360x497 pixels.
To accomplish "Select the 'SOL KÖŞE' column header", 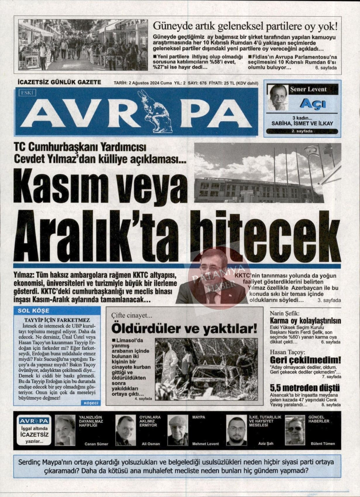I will click(x=33, y=311).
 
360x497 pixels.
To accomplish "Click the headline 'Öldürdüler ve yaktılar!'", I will click(x=184, y=329).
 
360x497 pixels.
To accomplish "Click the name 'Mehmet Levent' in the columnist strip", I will click(x=205, y=444).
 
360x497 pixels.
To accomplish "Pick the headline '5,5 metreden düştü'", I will click(x=304, y=388).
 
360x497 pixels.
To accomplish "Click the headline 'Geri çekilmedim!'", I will click(x=305, y=360).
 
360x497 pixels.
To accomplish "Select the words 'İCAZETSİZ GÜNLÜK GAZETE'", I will click(x=59, y=82).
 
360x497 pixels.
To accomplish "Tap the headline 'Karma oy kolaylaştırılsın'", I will click(x=305, y=321).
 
